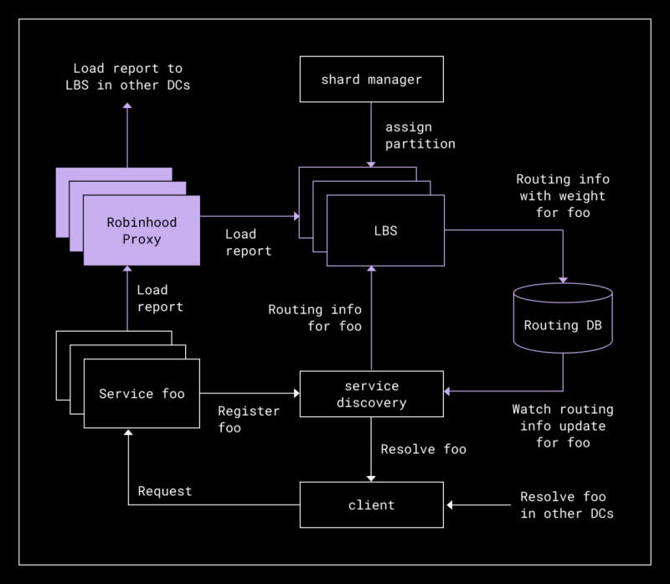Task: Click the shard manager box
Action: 371,80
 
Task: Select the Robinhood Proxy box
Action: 142,230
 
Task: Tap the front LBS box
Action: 385,230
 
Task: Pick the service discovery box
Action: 371,394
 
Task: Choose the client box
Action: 371,505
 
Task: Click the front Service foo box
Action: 142,394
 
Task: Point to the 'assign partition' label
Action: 420,136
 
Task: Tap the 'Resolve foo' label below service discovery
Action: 423,449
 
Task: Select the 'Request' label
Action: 165,491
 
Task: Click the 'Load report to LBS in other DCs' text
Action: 127,76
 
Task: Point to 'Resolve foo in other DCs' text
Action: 566,504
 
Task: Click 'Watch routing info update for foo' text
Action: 562,426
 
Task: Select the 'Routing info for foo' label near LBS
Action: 315,318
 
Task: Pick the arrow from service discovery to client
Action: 371,448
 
